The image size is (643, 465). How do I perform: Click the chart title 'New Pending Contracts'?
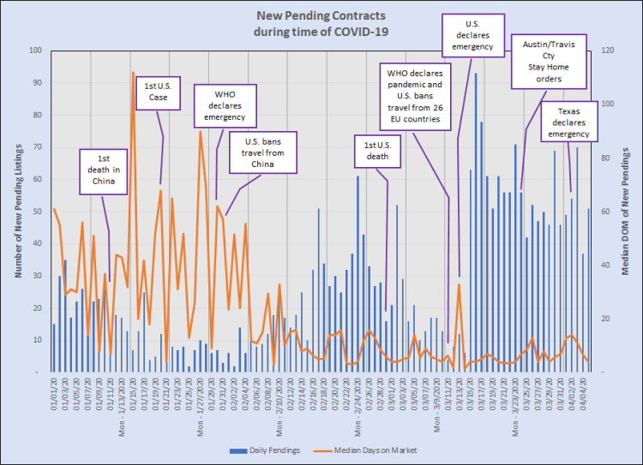click(x=321, y=15)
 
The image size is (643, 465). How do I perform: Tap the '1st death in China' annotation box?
click(x=105, y=170)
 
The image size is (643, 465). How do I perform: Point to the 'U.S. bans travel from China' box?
click(x=270, y=153)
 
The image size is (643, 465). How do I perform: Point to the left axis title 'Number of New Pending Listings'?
click(x=17, y=211)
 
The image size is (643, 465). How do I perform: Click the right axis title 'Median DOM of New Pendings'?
click(x=625, y=211)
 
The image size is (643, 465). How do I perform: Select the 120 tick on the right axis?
click(x=605, y=51)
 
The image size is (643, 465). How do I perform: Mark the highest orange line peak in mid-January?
click(x=133, y=73)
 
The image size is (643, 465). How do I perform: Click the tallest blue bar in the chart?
click(x=476, y=75)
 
